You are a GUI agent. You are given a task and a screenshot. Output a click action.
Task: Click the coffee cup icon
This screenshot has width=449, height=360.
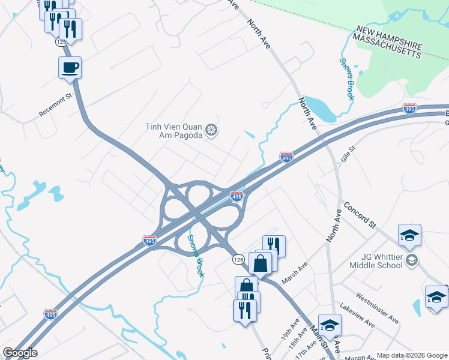click(70, 67)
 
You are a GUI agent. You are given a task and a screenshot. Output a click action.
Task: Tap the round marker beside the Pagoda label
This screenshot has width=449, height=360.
click(211, 130)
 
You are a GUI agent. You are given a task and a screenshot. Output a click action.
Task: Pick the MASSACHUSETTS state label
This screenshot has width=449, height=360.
click(387, 46)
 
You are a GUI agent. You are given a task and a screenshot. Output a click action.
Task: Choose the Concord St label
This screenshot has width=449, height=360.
click(360, 215)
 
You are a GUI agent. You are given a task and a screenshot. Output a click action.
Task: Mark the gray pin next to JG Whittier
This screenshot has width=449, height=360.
click(412, 260)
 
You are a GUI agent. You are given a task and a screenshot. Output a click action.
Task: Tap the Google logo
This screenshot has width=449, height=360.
click(20, 353)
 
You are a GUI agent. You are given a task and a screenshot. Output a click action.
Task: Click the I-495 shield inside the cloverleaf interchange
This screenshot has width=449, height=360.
click(237, 196)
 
